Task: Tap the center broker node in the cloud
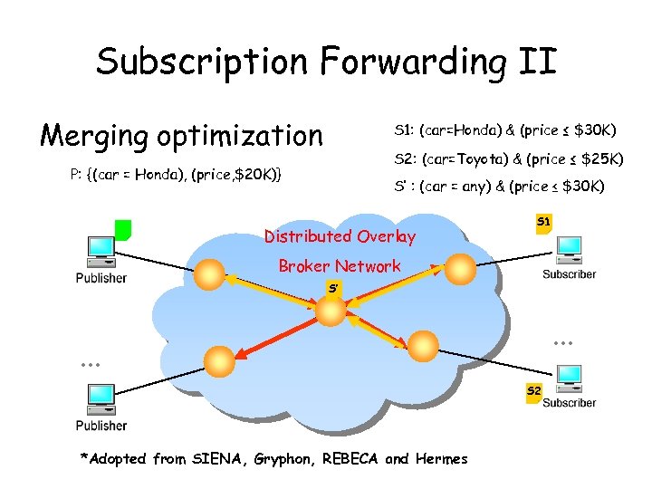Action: (331, 311)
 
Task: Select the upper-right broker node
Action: (458, 268)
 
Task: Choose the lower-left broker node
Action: (218, 361)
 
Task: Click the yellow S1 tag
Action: (543, 223)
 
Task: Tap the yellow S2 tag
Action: (533, 392)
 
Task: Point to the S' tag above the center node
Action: (333, 288)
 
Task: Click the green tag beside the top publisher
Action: (123, 229)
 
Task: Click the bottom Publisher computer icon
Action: (99, 398)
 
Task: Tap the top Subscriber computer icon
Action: (569, 249)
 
